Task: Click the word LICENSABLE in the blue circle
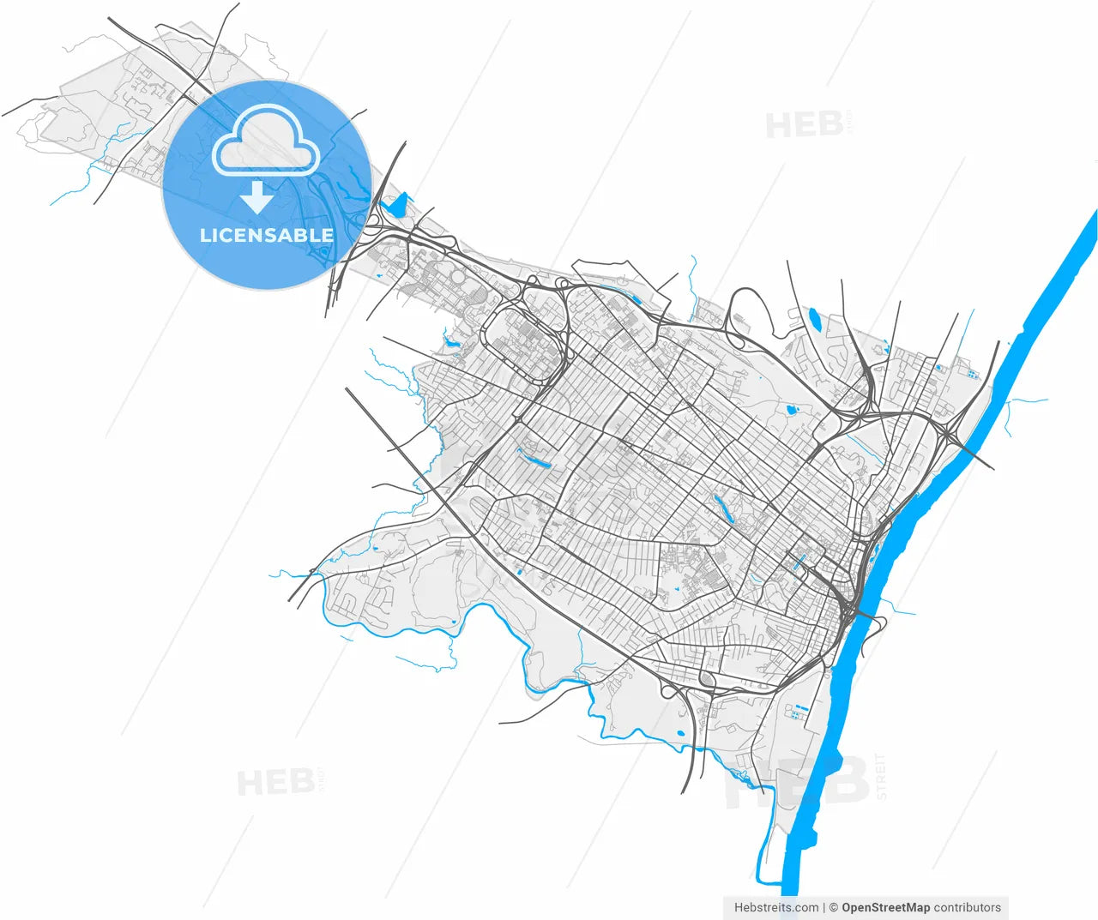[x=266, y=235]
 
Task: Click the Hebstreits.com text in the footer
[x=775, y=907]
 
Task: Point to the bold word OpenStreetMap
[x=885, y=907]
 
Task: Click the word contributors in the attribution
[x=967, y=907]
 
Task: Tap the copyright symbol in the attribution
[x=833, y=907]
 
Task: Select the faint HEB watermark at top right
[x=804, y=125]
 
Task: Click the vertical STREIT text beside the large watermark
[x=881, y=776]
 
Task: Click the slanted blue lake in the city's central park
[x=723, y=508]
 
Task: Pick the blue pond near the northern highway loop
[x=814, y=320]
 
